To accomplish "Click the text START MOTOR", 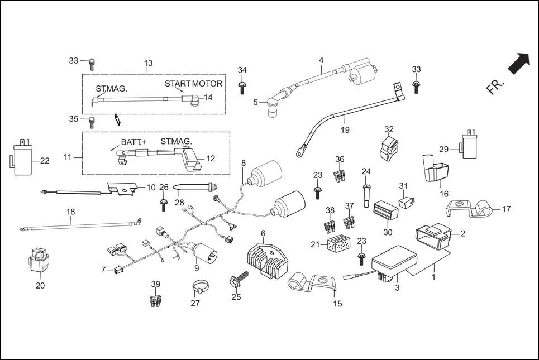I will click(x=193, y=84).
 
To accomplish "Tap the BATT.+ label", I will click(x=133, y=142).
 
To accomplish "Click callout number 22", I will click(x=45, y=161).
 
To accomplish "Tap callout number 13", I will click(x=148, y=63).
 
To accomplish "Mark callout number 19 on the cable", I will click(x=345, y=130).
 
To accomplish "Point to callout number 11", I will click(x=68, y=157).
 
